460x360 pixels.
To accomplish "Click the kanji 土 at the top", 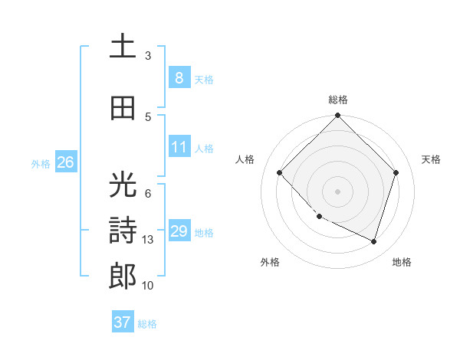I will click(123, 45).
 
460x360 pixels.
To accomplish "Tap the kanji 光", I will click(123, 185).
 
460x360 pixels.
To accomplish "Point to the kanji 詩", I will click(123, 231).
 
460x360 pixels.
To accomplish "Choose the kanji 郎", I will click(123, 276).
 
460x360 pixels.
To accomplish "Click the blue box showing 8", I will click(179, 77).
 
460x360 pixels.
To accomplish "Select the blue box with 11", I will click(179, 147).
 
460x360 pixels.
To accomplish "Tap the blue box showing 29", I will click(179, 231).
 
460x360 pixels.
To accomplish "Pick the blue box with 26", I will click(66, 162).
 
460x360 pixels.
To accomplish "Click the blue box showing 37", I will click(123, 322).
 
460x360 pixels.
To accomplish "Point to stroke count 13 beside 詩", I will click(149, 240).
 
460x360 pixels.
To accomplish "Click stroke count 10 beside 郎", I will click(149, 286).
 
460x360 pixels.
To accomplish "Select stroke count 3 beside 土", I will click(148, 55).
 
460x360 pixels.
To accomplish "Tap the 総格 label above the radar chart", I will click(338, 100).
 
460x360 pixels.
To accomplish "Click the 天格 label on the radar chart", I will click(432, 159).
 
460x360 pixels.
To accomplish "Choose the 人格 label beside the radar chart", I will click(245, 159).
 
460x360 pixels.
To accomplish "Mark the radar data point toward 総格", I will click(337, 116).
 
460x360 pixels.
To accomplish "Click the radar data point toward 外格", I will click(319, 217).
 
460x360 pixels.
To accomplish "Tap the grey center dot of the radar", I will click(337, 191).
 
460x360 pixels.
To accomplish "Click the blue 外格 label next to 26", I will click(41, 163).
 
